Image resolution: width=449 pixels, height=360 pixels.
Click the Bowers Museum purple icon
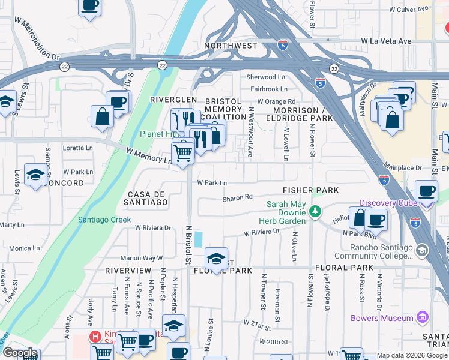[x=423, y=317]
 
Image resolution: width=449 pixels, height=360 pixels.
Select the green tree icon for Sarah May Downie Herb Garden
[x=314, y=211]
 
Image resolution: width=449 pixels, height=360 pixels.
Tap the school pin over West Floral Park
[x=216, y=258]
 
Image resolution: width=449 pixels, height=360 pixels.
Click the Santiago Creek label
[x=104, y=220]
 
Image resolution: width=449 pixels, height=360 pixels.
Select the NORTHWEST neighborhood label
[x=231, y=46]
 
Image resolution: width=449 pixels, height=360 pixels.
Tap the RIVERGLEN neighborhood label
[x=173, y=100]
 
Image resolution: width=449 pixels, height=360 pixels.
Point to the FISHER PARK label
[x=311, y=190]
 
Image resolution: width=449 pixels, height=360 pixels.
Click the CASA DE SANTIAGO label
[x=147, y=199]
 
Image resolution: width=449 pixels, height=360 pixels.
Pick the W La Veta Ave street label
[x=385, y=41]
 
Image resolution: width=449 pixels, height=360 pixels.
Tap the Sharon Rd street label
[x=237, y=197]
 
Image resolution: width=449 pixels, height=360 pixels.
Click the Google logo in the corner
[x=20, y=353]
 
